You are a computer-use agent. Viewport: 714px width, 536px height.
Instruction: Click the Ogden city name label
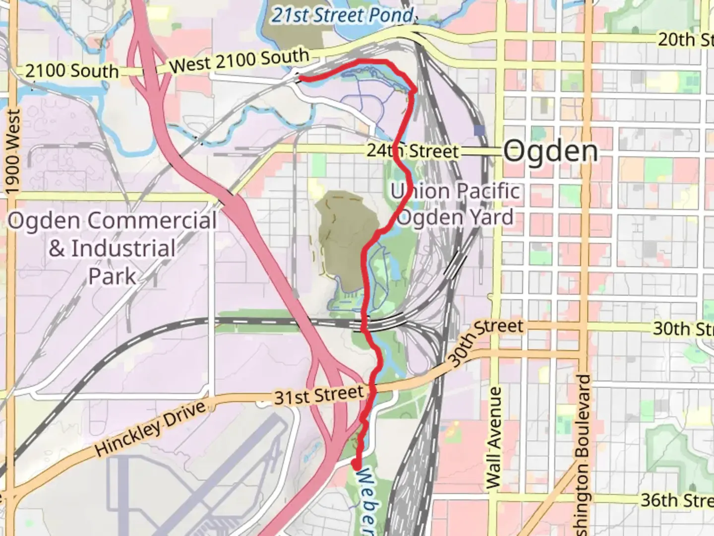(550, 151)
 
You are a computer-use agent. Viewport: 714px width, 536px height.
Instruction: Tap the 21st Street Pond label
(343, 15)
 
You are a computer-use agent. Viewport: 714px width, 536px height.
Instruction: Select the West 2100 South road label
(239, 61)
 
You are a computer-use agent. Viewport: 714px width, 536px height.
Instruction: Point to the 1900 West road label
(13, 152)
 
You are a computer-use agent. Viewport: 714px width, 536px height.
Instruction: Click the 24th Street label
(413, 151)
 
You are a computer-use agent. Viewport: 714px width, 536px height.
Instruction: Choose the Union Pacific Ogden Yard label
(456, 204)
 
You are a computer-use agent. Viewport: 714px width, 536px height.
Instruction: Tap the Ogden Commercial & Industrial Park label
(113, 248)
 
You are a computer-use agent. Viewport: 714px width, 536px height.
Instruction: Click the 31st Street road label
(319, 396)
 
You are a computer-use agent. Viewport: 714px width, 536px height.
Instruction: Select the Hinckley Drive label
(150, 429)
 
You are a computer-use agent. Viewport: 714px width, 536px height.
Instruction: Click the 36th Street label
(677, 500)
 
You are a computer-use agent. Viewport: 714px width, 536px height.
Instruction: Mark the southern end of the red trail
(356, 465)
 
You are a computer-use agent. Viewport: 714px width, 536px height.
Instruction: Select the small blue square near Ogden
(479, 131)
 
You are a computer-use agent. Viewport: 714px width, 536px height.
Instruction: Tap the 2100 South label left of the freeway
(72, 71)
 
